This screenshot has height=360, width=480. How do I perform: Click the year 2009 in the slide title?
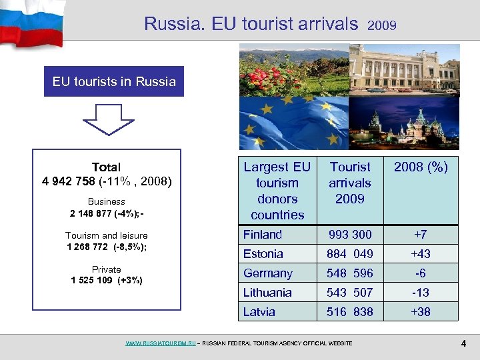coord(382,26)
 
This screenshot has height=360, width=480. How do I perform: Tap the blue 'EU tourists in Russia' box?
coord(114,82)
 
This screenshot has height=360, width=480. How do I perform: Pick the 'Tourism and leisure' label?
coord(107,235)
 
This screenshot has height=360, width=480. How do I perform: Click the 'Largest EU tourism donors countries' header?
coord(277,191)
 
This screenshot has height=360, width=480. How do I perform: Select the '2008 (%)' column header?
coord(421,167)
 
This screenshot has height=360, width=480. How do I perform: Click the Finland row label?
coord(263,235)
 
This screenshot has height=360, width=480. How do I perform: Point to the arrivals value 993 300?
coord(349,235)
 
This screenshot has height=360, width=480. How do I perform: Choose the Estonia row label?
coord(263,254)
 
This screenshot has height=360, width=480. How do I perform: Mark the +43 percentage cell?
coord(421,254)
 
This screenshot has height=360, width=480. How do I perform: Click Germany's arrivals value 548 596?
coord(349,273)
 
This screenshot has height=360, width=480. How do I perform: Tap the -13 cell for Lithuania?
coord(421,293)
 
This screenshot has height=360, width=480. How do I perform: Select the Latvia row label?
coord(259,312)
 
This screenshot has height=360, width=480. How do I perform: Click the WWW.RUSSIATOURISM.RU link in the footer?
coord(161,343)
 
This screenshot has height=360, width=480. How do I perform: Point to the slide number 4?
coord(463,343)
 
